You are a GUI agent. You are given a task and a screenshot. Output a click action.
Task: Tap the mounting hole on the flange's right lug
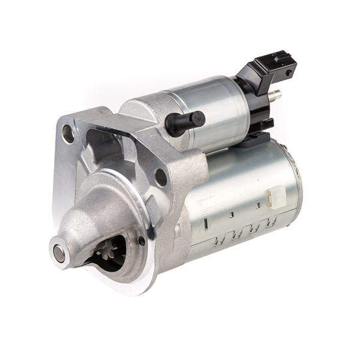click(161, 177)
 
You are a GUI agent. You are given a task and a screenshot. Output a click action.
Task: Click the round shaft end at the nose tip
click(59, 253)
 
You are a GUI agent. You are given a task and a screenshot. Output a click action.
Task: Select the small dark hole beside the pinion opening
click(142, 241)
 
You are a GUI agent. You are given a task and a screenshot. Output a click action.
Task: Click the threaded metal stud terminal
click(276, 94)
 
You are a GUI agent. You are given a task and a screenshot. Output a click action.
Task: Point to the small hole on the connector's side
click(289, 73)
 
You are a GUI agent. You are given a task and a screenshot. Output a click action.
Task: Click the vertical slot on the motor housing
click(205, 224)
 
